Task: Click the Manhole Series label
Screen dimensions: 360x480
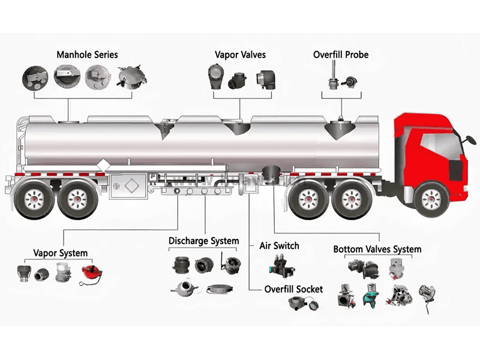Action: [87, 55]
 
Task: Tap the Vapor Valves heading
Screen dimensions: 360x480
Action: [240, 55]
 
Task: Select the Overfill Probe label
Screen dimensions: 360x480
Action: [341, 55]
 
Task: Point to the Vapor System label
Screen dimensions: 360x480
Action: [60, 253]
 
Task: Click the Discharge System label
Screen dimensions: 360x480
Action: [203, 241]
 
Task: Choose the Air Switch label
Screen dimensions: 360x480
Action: [279, 246]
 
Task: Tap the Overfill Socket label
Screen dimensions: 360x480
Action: [293, 289]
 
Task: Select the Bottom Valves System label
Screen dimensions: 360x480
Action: [377, 249]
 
